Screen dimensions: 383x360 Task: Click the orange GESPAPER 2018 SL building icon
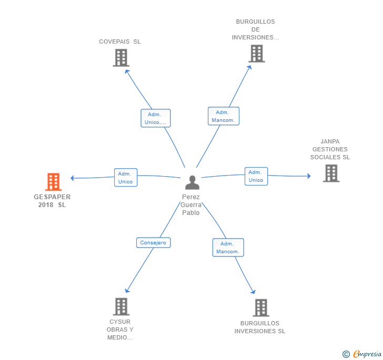pyautogui.click(x=53, y=182)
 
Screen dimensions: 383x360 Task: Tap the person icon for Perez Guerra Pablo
pyautogui.click(x=192, y=182)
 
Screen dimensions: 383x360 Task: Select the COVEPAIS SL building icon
pyautogui.click(x=121, y=58)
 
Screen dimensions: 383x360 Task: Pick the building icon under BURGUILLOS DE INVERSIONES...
pyautogui.click(x=257, y=54)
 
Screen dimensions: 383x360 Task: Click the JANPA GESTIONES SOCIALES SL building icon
pyautogui.click(x=331, y=173)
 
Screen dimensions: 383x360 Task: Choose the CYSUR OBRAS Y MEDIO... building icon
pyautogui.click(x=121, y=306)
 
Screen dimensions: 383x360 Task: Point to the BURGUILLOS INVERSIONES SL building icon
pyautogui.click(x=261, y=308)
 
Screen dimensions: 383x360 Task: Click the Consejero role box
pyautogui.click(x=154, y=243)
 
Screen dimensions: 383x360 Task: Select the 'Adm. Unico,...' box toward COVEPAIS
pyautogui.click(x=156, y=118)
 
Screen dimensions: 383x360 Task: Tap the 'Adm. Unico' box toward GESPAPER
pyautogui.click(x=126, y=178)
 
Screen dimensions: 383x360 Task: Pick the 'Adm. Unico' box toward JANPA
pyautogui.click(x=256, y=176)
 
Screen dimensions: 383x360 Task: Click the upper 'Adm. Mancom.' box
pyautogui.click(x=224, y=116)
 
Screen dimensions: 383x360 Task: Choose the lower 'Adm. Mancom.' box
pyautogui.click(x=228, y=248)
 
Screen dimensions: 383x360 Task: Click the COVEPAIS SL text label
pyautogui.click(x=120, y=42)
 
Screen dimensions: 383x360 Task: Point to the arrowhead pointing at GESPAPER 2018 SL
pyautogui.click(x=72, y=178)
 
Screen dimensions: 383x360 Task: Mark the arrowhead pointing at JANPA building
pyautogui.click(x=309, y=176)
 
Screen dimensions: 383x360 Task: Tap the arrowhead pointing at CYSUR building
pyautogui.click(x=127, y=291)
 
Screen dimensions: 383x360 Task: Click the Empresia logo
pyautogui.click(x=367, y=354)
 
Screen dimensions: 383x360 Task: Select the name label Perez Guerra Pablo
pyautogui.click(x=191, y=205)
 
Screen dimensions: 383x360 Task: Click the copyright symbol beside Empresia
pyautogui.click(x=346, y=354)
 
